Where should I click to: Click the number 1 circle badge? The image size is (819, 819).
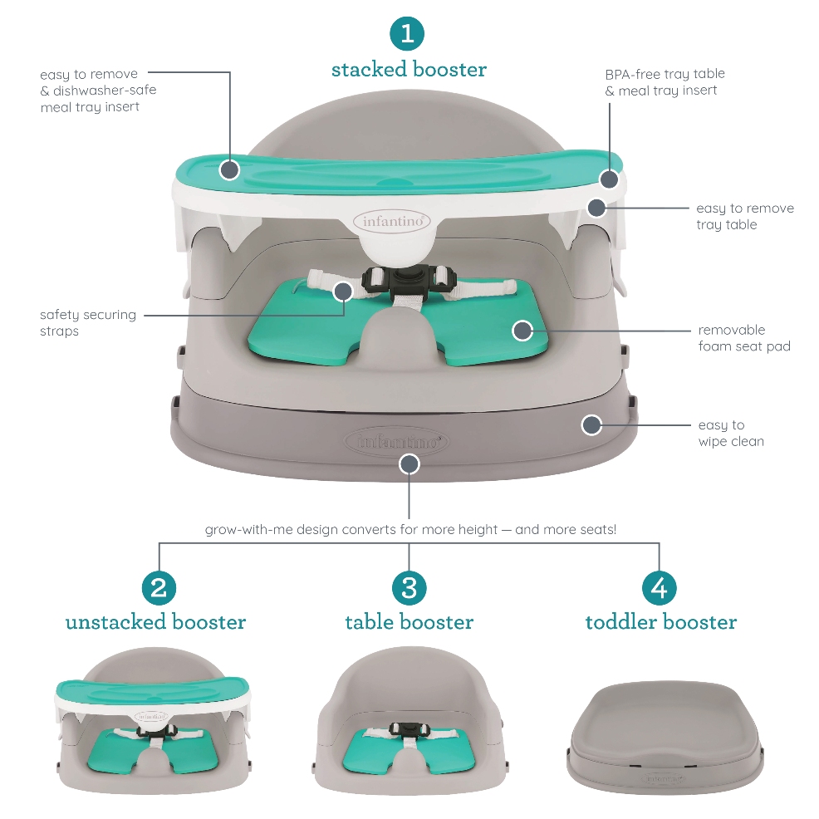(x=407, y=34)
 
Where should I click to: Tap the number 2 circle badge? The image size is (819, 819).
(x=159, y=587)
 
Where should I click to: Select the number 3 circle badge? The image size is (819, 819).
(x=409, y=587)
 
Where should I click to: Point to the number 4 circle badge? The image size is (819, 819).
(x=660, y=587)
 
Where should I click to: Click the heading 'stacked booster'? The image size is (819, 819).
(x=409, y=70)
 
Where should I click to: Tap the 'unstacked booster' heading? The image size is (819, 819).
(x=155, y=622)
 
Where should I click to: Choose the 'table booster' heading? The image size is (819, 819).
(x=409, y=622)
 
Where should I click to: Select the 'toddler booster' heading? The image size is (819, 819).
(x=660, y=622)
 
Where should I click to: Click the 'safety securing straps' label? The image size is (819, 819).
(x=88, y=323)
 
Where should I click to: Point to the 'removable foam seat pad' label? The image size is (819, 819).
(x=744, y=338)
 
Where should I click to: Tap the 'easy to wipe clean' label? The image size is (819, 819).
(x=731, y=433)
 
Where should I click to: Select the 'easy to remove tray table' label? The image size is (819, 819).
(x=745, y=216)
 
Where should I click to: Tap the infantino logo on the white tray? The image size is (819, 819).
(x=393, y=222)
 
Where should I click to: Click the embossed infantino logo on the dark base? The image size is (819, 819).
(x=397, y=442)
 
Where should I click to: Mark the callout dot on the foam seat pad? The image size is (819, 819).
(x=522, y=330)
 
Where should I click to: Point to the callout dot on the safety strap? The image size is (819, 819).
(x=343, y=291)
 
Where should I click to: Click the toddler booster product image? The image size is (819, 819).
(x=665, y=737)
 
